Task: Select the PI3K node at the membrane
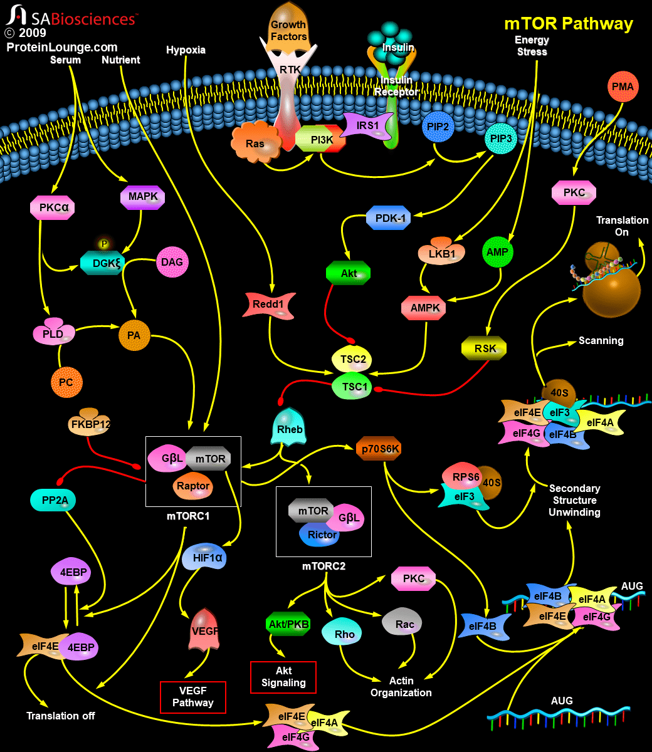(321, 139)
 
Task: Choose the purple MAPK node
(143, 197)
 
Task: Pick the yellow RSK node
(483, 348)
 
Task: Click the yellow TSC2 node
(353, 360)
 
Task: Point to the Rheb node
(290, 429)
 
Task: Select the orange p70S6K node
(379, 449)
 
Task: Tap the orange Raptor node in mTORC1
(192, 486)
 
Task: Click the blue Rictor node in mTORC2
(322, 535)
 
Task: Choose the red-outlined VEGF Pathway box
(192, 696)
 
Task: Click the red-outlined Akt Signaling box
(283, 677)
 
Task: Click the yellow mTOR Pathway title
(569, 24)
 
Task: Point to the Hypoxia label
(186, 50)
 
